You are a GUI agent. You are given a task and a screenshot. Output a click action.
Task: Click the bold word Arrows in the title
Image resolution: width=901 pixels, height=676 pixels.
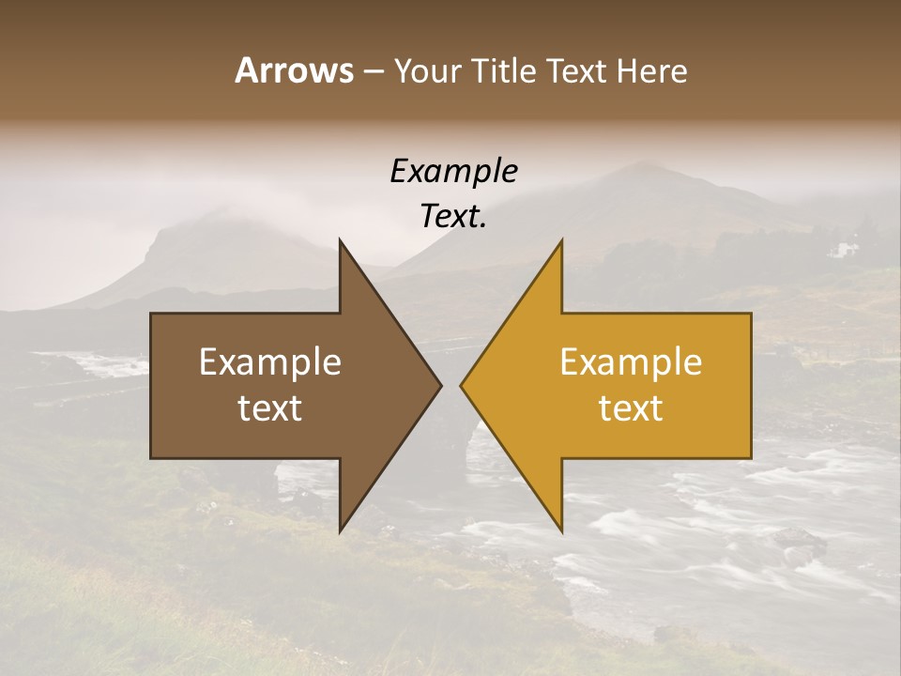294,70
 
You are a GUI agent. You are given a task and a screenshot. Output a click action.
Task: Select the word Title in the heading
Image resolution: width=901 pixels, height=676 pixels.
504,70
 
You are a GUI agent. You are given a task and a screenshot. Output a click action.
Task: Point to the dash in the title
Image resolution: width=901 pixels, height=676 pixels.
373,72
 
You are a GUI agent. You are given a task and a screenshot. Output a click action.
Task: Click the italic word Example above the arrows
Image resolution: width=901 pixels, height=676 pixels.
454,171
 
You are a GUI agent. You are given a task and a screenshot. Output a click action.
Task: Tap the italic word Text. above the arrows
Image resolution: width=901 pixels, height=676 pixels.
454,216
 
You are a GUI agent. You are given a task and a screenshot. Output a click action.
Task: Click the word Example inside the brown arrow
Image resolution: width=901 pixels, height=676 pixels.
270,362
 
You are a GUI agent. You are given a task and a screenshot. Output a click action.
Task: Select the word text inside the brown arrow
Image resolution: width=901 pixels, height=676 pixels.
270,408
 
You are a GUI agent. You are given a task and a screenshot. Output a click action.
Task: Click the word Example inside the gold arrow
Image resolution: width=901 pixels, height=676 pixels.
631,362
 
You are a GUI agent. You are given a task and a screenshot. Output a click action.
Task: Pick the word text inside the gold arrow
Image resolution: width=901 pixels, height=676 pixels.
631,408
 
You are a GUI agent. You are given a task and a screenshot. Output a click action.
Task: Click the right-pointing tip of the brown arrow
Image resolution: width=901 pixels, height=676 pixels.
440,385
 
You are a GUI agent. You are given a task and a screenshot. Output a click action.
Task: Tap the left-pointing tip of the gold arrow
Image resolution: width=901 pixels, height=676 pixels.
462,385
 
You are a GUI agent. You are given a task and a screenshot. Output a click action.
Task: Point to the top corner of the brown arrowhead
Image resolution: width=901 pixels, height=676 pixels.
341,241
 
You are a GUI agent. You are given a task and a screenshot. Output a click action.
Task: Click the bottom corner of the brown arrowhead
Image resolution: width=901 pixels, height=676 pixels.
341,530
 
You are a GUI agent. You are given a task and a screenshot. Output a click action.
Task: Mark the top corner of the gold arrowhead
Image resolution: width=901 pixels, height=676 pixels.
561,241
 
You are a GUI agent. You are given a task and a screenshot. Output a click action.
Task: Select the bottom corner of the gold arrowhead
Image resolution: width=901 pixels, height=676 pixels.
561,530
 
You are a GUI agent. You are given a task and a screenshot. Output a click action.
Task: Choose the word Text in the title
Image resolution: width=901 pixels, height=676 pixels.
576,70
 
